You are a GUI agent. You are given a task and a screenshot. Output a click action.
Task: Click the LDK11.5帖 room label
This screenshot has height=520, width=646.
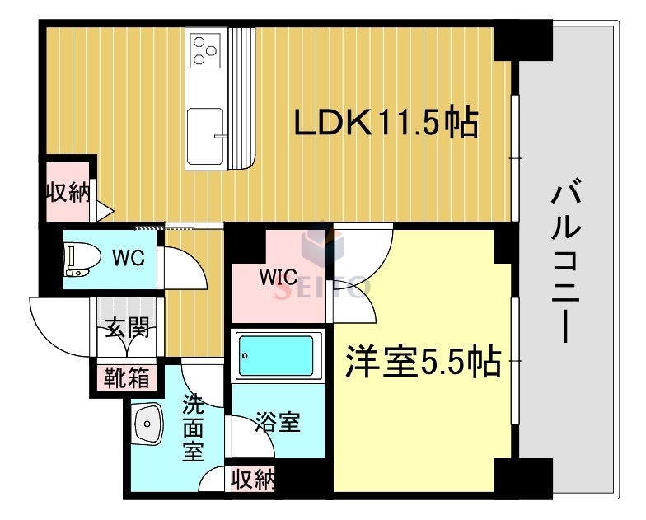tap(386, 124)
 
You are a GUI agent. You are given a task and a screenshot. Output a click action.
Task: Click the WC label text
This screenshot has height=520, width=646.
tap(129, 256)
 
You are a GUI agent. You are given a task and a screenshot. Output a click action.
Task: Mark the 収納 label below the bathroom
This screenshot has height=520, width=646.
tap(251, 479)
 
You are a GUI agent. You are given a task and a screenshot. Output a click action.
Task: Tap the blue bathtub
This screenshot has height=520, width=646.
tap(277, 357)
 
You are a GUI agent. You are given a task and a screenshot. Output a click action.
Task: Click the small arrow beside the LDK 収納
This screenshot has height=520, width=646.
tap(105, 211)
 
